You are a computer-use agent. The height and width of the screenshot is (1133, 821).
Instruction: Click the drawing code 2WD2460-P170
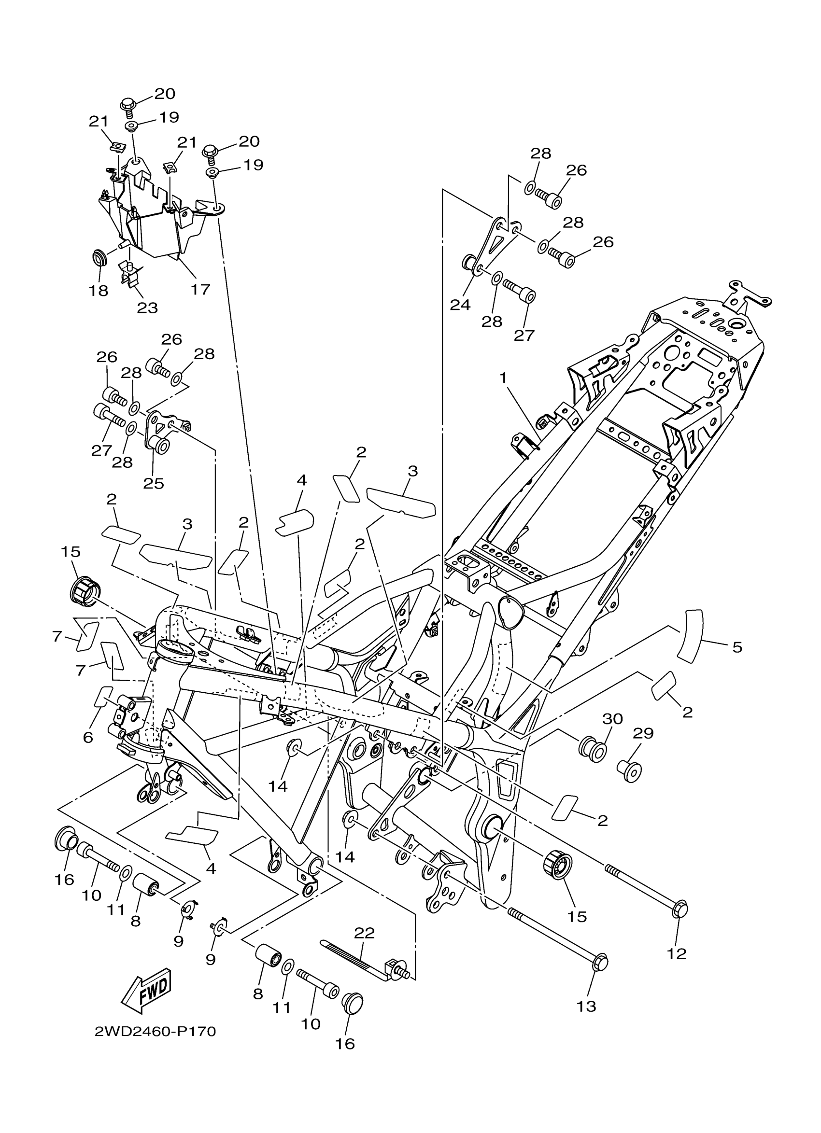[155, 1032]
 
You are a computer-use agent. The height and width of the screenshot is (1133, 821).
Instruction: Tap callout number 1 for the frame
[503, 378]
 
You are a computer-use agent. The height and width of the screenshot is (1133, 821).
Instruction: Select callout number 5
[737, 647]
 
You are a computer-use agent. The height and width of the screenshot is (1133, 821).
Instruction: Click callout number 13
[586, 1007]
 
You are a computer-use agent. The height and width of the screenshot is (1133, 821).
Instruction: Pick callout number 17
[200, 289]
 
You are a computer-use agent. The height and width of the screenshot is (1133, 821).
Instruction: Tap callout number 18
[99, 290]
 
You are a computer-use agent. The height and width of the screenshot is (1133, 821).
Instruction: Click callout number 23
[147, 308]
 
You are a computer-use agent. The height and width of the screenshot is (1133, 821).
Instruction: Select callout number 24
[460, 304]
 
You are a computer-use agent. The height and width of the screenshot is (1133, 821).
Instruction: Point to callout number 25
[154, 483]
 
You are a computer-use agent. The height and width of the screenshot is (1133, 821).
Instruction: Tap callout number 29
[643, 733]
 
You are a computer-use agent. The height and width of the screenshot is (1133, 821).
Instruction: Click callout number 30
[613, 719]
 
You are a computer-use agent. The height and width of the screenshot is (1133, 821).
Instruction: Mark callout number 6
[88, 737]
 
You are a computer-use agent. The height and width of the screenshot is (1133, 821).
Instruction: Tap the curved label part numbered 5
[690, 637]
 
